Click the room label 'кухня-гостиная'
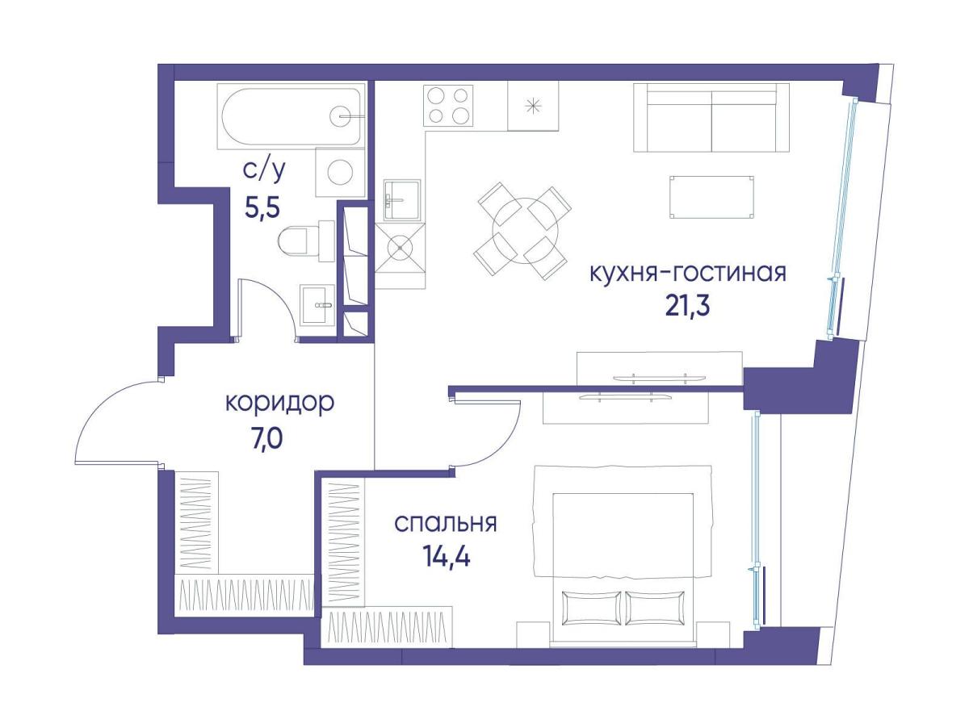point(688,273)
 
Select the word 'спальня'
point(445,523)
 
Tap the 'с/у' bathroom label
point(264,171)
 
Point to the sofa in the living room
point(711,118)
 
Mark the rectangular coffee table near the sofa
point(711,197)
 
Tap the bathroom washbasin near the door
point(317,306)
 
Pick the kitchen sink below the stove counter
point(401,199)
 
